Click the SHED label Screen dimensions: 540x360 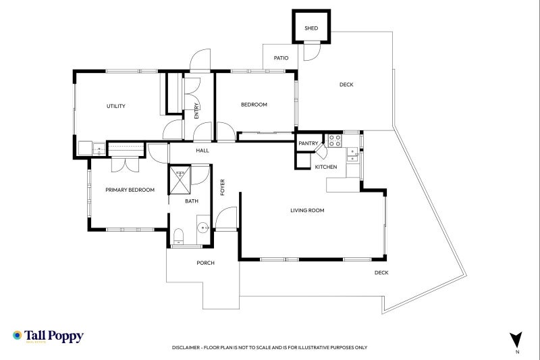(x=311, y=28)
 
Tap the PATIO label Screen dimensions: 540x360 (x=281, y=58)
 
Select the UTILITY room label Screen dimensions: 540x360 (x=116, y=106)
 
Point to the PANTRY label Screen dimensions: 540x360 (x=308, y=143)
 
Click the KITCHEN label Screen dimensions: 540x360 (x=326, y=167)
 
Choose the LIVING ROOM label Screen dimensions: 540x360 (x=307, y=210)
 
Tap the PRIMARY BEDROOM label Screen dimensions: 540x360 (x=130, y=190)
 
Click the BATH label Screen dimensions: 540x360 (x=192, y=201)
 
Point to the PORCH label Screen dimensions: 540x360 (x=206, y=263)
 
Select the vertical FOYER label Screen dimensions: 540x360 (x=223, y=187)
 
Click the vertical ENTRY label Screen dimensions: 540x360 (x=196, y=111)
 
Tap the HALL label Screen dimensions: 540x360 (x=202, y=151)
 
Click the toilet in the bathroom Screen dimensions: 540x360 (x=178, y=236)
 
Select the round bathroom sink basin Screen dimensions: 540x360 (x=203, y=227)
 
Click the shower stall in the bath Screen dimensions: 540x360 (x=180, y=180)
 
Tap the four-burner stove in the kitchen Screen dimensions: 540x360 (x=334, y=140)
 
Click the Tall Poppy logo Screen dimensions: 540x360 (x=48, y=336)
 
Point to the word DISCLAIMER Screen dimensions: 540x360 (x=186, y=348)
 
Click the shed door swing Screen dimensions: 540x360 (x=313, y=51)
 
